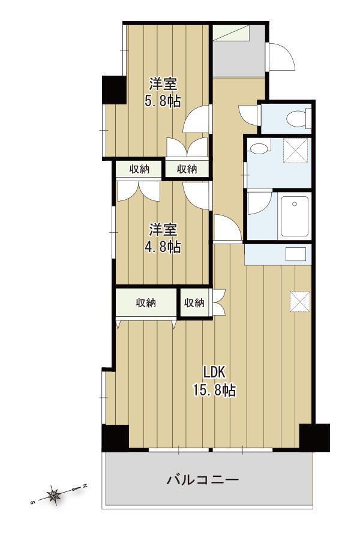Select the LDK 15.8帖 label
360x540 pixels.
214,381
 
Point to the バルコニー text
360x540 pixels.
203,479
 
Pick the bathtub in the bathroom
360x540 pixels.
295,216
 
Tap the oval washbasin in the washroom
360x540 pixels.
259,148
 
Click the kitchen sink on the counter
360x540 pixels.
296,254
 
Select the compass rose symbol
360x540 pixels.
54,495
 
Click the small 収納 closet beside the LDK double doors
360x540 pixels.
194,302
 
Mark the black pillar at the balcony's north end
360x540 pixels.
314,437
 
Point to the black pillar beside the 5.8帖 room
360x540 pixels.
113,89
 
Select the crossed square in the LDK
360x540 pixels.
300,301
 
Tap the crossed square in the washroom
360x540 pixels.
295,151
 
